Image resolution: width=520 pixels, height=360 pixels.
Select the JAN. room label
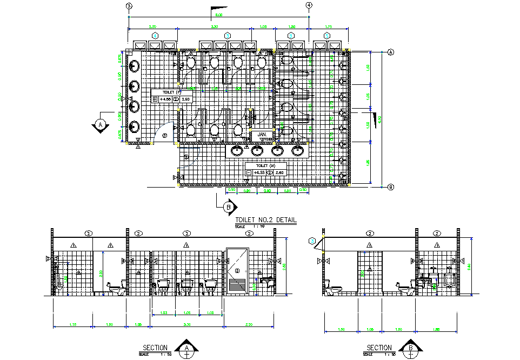click(262, 134)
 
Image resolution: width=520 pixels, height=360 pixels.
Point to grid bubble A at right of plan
click(390, 52)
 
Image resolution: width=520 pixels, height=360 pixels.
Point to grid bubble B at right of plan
click(390, 187)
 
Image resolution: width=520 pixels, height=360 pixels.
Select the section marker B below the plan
click(229, 206)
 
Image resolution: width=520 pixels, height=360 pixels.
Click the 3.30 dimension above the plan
click(214, 26)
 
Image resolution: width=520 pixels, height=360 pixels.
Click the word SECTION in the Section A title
click(155, 348)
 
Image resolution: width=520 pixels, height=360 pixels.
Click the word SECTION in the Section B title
click(379, 348)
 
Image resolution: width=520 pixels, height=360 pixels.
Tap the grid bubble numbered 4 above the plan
click(309, 5)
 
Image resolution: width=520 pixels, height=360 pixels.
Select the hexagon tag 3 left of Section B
click(312, 241)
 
